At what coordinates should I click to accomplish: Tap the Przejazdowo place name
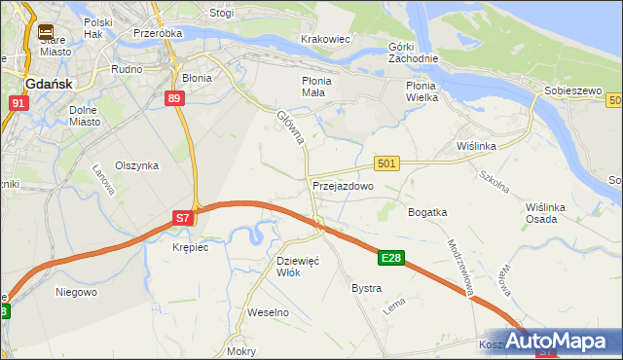pyautogui.click(x=343, y=185)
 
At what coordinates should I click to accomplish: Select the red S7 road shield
pyautogui.click(x=183, y=219)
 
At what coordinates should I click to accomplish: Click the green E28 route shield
pyautogui.click(x=391, y=258)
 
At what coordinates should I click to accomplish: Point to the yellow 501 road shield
pyautogui.click(x=386, y=164)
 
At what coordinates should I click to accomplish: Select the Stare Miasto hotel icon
pyautogui.click(x=45, y=32)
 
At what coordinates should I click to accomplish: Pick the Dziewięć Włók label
pyautogui.click(x=299, y=267)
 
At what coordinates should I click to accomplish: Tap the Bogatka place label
pyautogui.click(x=427, y=211)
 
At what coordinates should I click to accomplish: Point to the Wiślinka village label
pyautogui.click(x=477, y=146)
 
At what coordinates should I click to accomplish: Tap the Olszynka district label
pyautogui.click(x=136, y=165)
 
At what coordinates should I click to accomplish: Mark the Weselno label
pyautogui.click(x=269, y=312)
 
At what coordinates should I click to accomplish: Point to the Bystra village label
pyautogui.click(x=366, y=289)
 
